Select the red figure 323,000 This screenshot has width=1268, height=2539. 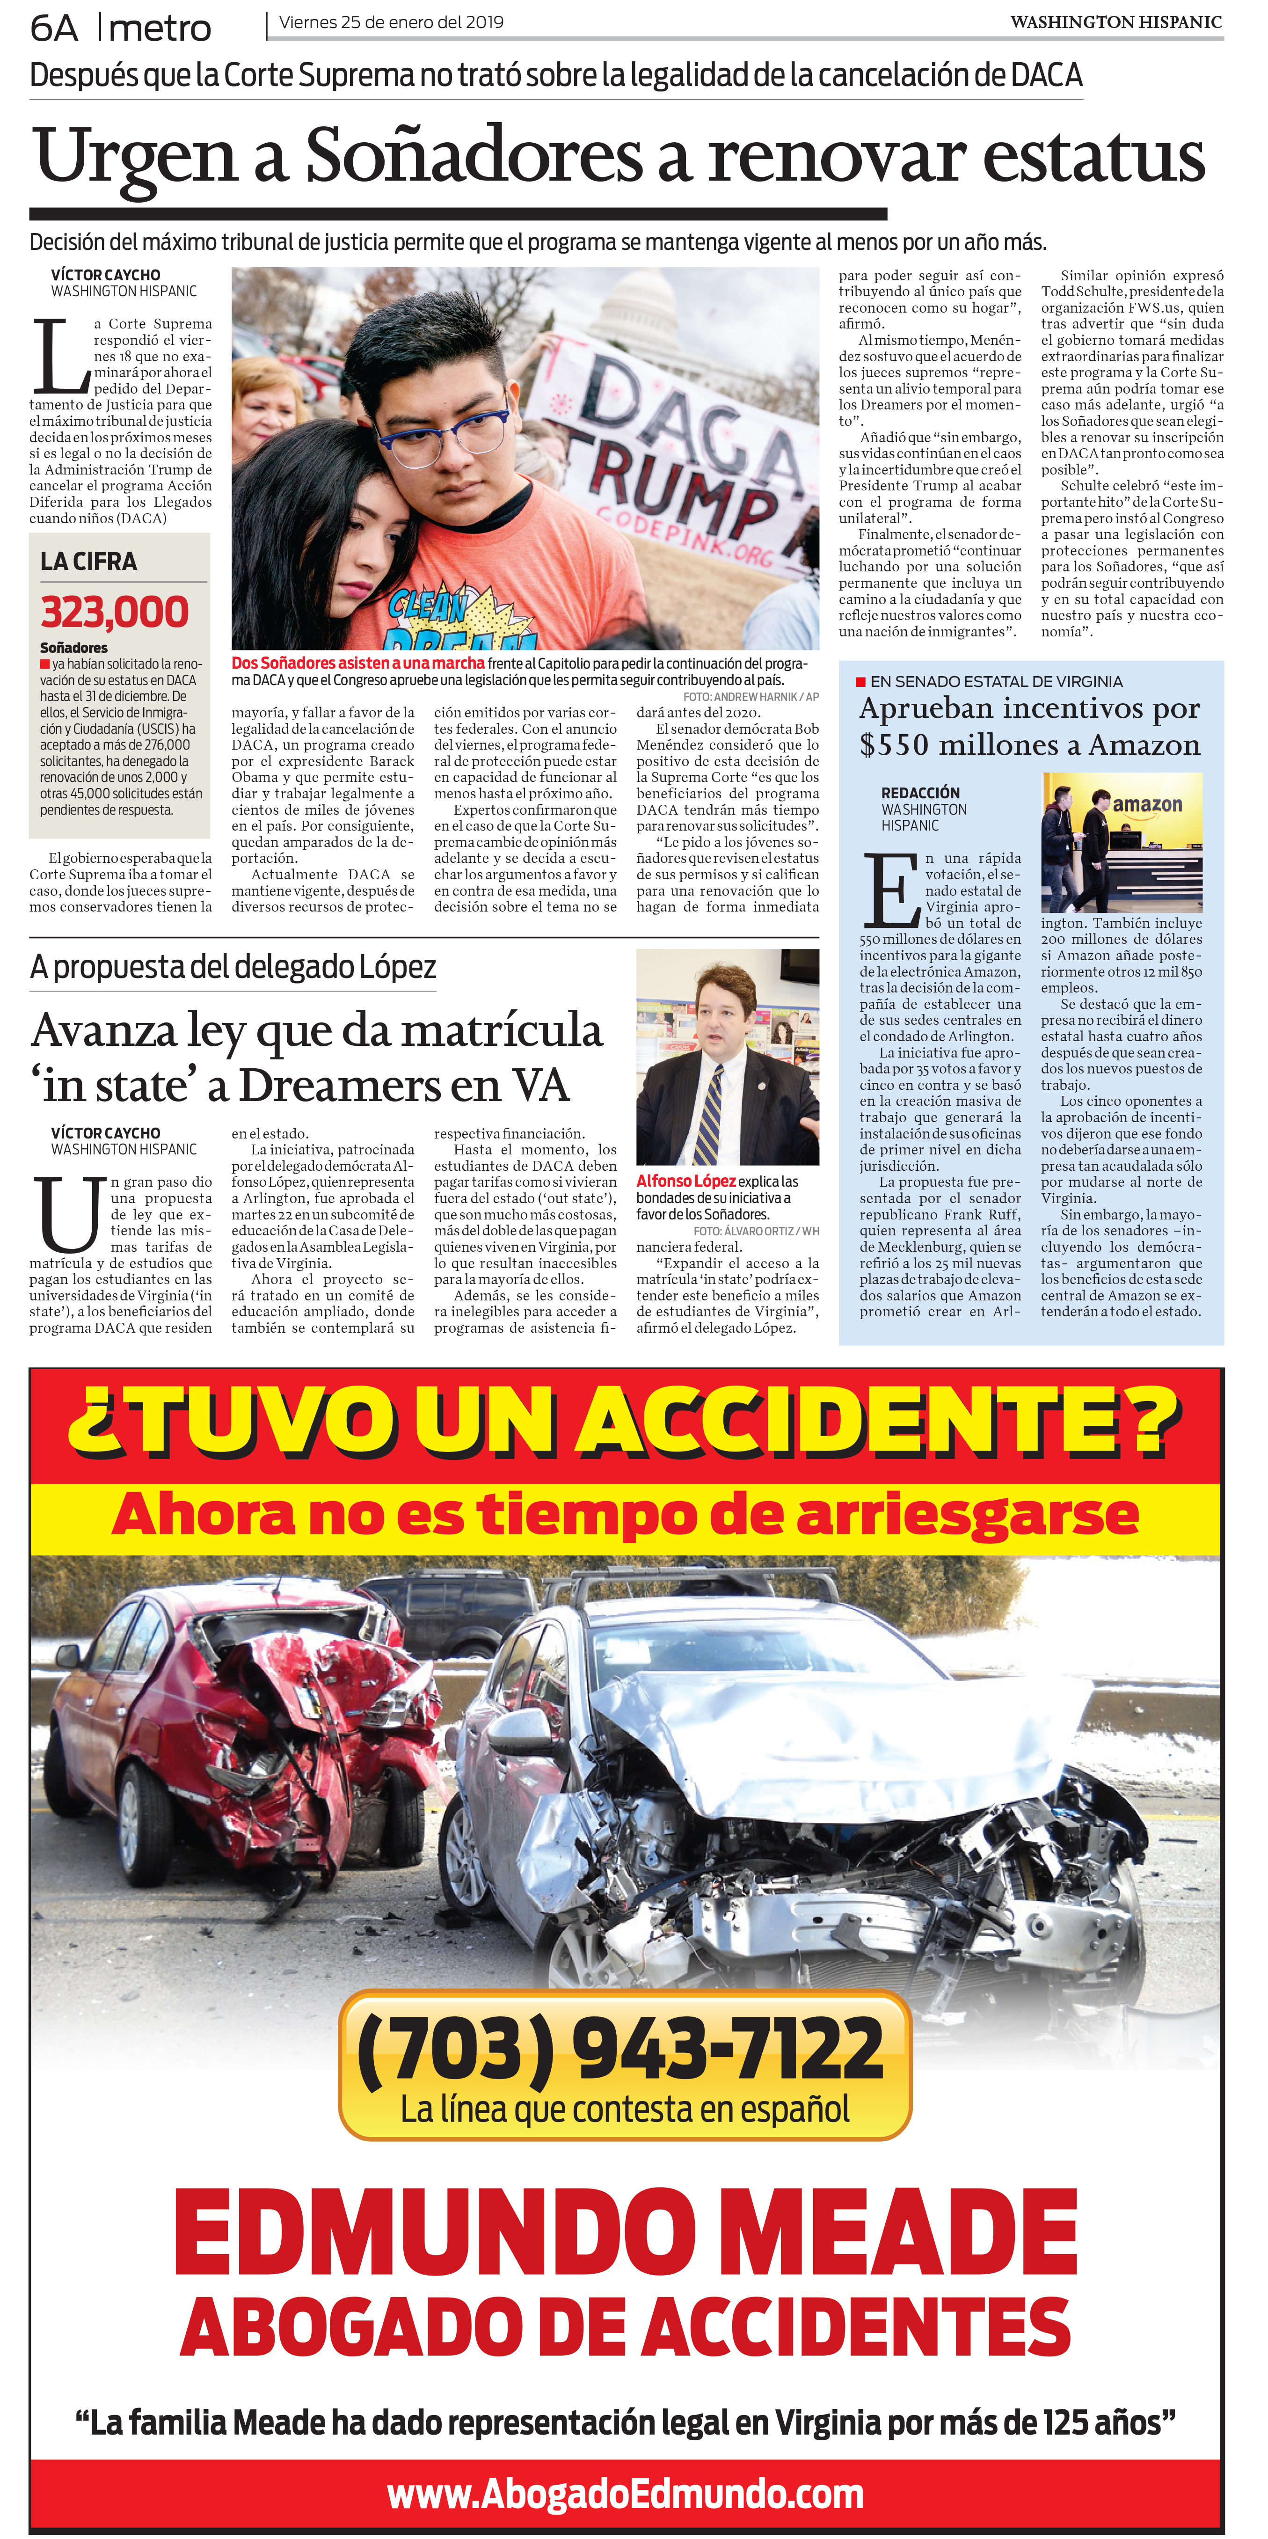(114, 612)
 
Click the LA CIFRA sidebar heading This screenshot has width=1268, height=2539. (89, 561)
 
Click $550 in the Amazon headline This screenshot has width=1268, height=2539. (894, 745)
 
